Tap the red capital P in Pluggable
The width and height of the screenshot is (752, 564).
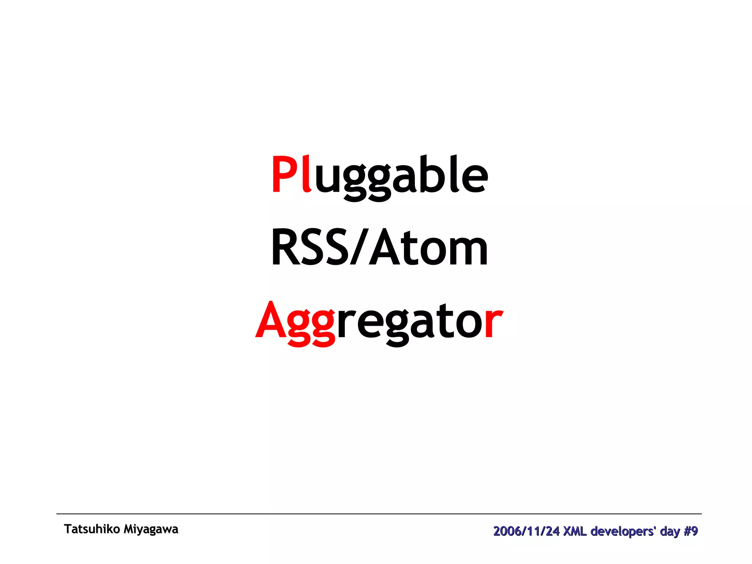(285, 174)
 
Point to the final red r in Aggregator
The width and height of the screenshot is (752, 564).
(493, 323)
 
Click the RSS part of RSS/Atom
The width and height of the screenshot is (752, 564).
(310, 247)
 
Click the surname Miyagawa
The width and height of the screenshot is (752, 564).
(151, 529)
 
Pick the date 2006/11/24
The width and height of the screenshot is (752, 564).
(526, 531)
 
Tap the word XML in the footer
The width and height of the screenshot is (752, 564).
(575, 531)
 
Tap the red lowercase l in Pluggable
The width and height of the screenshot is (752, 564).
(307, 173)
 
